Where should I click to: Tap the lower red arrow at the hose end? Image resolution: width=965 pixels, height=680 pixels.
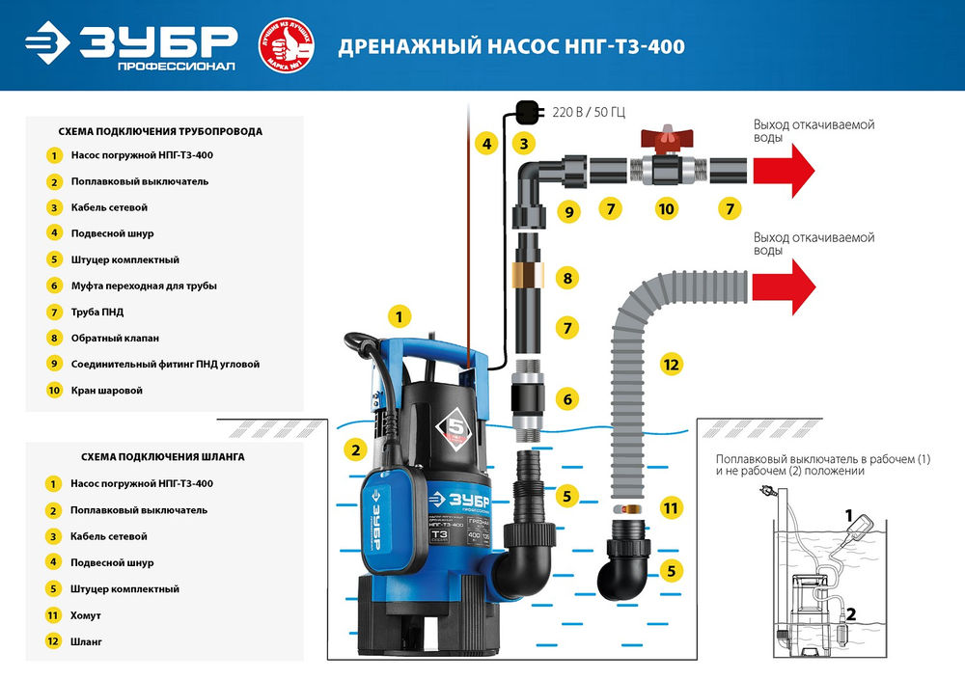tap(783, 287)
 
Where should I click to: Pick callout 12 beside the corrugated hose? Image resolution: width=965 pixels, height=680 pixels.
tap(672, 365)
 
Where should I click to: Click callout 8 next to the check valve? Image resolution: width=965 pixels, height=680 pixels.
tap(567, 279)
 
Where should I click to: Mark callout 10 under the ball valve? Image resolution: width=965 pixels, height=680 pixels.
tap(665, 208)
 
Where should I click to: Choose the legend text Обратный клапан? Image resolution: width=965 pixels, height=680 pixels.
tap(114, 339)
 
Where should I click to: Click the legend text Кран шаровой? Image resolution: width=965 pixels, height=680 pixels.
tap(106, 391)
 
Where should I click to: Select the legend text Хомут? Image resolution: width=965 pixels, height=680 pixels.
tap(86, 614)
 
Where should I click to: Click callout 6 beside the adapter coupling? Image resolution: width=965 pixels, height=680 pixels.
tap(567, 397)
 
